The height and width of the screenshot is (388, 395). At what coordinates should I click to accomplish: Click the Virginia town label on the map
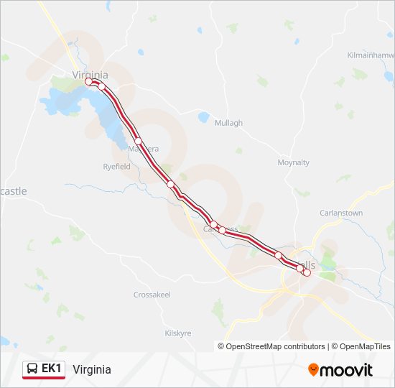pyautogui.click(x=90, y=74)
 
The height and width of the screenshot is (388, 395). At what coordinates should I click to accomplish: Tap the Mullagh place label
pyautogui.click(x=229, y=123)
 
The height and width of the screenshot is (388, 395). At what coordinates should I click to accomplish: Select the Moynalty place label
pyautogui.click(x=293, y=162)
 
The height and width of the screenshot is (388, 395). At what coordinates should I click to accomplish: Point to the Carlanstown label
pyautogui.click(x=341, y=213)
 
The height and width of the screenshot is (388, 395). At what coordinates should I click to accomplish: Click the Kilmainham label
pyautogui.click(x=371, y=55)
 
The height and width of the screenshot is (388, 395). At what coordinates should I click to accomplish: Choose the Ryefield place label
pyautogui.click(x=116, y=166)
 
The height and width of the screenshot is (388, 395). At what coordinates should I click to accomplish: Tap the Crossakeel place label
pyautogui.click(x=152, y=295)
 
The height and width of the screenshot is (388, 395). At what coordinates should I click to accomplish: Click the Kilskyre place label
pyautogui.click(x=177, y=333)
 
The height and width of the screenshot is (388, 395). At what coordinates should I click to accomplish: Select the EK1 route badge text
pyautogui.click(x=52, y=369)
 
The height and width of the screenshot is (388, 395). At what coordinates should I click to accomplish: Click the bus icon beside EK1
pyautogui.click(x=32, y=369)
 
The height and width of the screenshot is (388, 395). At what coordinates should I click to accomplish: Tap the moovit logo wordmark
pyautogui.click(x=348, y=370)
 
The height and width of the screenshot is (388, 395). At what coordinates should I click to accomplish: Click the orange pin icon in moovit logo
pyautogui.click(x=314, y=370)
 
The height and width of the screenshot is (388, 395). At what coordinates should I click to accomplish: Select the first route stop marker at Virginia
pyautogui.click(x=89, y=82)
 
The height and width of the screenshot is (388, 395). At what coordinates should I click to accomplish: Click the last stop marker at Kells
pyautogui.click(x=307, y=272)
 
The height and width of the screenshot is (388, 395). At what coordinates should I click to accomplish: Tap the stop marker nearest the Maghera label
pyautogui.click(x=138, y=141)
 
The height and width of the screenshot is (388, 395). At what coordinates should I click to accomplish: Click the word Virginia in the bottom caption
pyautogui.click(x=91, y=369)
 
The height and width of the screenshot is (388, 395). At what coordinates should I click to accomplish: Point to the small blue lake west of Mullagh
pyautogui.click(x=204, y=116)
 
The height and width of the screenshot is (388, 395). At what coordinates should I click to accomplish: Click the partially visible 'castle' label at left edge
pyautogui.click(x=13, y=191)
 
